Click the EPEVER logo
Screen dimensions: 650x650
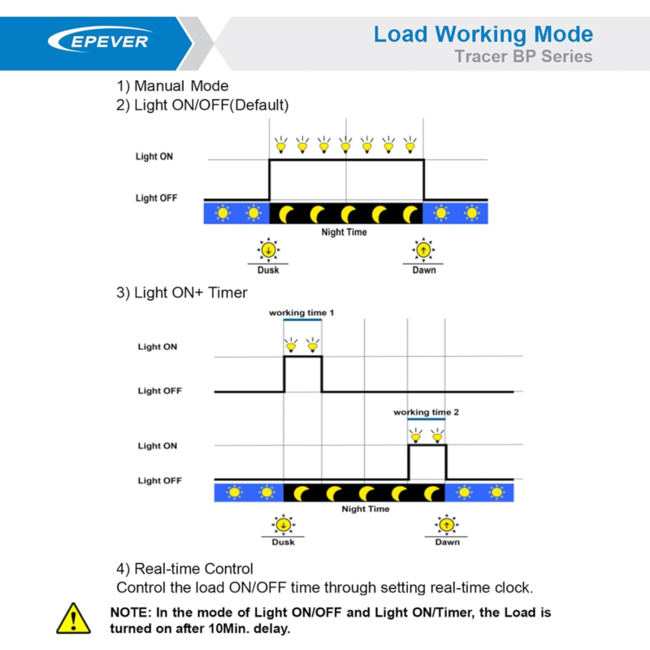[x=99, y=40]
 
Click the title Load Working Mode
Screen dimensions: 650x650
[x=483, y=35]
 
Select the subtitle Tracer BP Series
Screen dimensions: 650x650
[x=523, y=56]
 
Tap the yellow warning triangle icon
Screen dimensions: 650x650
[x=73, y=618]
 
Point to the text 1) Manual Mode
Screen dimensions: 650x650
[x=172, y=86]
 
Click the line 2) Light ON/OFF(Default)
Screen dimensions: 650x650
[x=202, y=106]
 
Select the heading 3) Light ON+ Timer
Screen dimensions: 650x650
[x=181, y=292]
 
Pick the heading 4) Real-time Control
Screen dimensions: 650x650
[x=184, y=569]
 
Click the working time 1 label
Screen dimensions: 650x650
[x=301, y=313]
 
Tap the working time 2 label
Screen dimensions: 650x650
[x=426, y=412]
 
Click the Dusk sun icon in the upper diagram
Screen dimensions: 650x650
[x=269, y=250]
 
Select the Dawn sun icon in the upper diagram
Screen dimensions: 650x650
[x=423, y=250]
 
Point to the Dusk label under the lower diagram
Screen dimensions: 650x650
[x=283, y=542]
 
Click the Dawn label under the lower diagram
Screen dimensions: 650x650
[x=448, y=542]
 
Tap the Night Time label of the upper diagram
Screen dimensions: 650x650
[x=344, y=232]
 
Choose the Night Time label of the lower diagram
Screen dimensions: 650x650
[x=366, y=509]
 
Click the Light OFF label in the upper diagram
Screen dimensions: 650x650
[x=156, y=198]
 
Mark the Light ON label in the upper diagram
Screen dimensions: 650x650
[x=154, y=157]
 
